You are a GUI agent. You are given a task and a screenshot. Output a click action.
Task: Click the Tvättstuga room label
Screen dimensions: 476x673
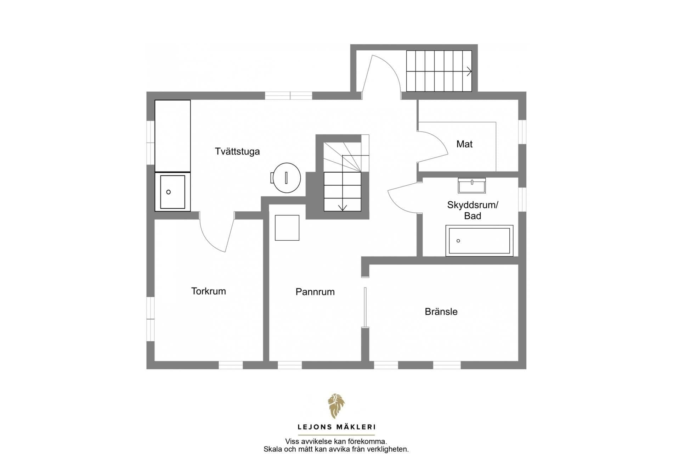click(237, 151)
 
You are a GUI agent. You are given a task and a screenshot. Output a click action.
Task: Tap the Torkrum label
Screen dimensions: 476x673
click(208, 291)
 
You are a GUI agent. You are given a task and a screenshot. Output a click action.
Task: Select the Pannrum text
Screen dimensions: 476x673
click(315, 292)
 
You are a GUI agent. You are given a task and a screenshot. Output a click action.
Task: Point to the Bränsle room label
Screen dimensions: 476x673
click(441, 312)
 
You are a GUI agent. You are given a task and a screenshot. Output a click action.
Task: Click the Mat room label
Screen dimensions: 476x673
click(464, 144)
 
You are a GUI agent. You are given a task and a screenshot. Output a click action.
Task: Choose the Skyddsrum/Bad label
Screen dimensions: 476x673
click(473, 210)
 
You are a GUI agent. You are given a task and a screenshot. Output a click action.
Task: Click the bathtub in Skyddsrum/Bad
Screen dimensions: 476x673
click(479, 241)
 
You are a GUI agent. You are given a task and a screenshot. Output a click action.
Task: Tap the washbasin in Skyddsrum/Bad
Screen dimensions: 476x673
click(471, 185)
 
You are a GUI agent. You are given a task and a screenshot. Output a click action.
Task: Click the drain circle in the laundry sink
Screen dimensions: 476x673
click(169, 192)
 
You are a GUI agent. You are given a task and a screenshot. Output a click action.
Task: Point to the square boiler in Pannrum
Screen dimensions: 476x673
click(287, 228)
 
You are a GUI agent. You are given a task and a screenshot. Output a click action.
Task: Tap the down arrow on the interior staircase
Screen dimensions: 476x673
click(343, 207)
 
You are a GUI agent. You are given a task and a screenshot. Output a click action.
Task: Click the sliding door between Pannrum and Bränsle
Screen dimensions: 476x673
click(365, 307)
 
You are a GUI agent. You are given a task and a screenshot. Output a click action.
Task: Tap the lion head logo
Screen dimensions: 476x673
click(336, 406)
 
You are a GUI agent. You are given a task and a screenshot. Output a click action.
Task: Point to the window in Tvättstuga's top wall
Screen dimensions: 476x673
click(288, 95)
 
